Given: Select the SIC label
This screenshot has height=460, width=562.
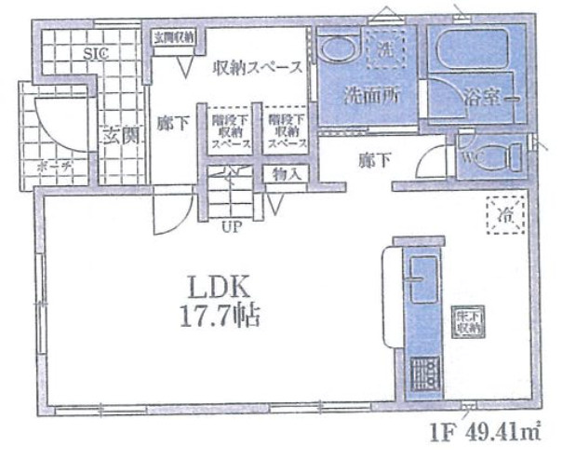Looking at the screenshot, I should coord(97,54).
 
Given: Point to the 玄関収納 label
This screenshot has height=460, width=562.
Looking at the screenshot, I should coord(174,38).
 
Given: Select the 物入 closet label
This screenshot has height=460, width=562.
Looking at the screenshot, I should coord(285,173).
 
